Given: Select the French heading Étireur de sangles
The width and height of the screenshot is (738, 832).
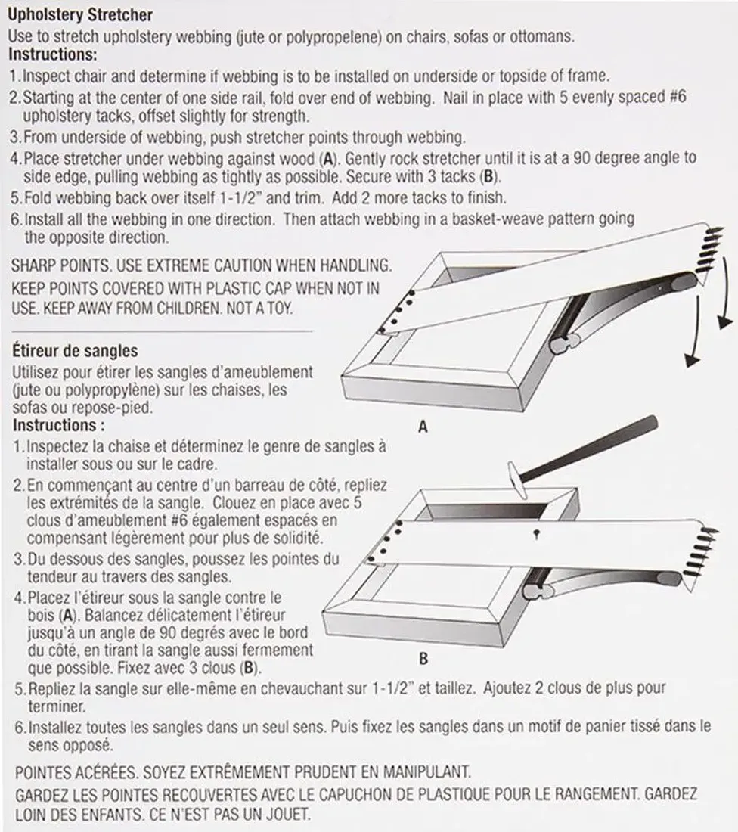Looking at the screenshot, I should point(75,351).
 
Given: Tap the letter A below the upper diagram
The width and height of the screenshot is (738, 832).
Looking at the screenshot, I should point(423,427).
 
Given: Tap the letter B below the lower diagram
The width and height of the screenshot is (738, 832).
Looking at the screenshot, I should point(423,659).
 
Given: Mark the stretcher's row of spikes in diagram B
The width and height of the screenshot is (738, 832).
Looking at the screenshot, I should point(700,555).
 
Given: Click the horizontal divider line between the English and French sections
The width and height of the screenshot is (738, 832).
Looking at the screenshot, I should point(162,331).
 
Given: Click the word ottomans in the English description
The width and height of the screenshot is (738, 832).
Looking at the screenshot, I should point(548,36).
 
